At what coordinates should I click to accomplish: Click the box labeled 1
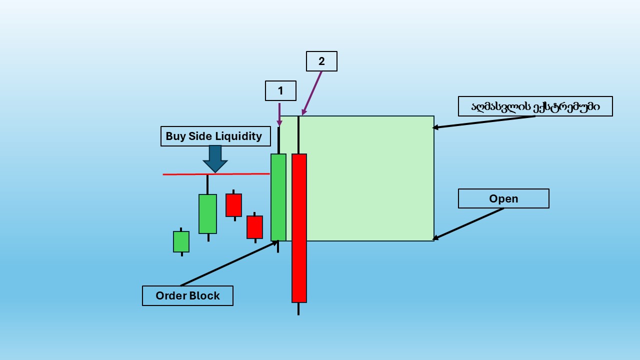tap(280, 91)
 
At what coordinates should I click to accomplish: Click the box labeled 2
tap(321, 61)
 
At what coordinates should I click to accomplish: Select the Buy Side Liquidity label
tap(215, 136)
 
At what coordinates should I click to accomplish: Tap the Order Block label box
tap(187, 295)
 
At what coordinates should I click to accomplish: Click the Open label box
tap(503, 198)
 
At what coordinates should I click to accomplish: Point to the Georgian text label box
tap(535, 106)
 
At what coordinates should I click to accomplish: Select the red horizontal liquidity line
tap(240, 174)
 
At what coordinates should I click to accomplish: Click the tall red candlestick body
tap(299, 227)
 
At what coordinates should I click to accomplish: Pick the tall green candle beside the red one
tap(278, 197)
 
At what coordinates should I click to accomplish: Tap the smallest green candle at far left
tap(181, 241)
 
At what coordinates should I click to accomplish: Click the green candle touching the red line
tap(207, 213)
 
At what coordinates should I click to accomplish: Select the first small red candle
tap(233, 205)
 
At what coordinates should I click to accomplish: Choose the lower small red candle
tap(254, 227)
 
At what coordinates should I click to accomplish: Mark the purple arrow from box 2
tap(312, 93)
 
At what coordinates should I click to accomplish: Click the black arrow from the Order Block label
tap(228, 263)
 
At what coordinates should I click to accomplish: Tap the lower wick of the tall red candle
tap(298, 309)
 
